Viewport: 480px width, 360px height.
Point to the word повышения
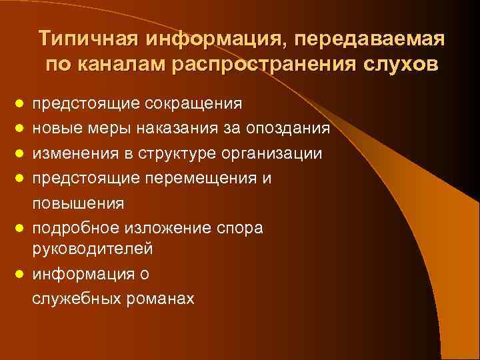pos(70,202)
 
